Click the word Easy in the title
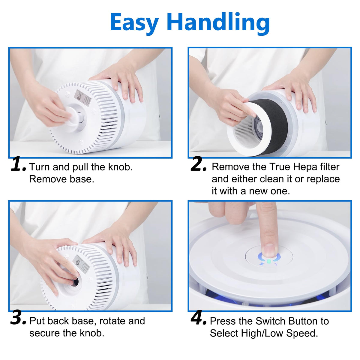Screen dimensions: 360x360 click(134, 23)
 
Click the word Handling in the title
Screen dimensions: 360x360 click(218, 23)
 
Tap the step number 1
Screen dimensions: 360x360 click(18, 164)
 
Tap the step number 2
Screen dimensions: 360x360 click(198, 164)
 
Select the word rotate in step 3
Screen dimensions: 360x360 click(110, 321)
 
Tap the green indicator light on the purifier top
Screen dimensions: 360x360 click(269, 261)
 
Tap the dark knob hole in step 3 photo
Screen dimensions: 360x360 click(76, 281)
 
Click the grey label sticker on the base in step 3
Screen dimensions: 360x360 click(81, 262)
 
